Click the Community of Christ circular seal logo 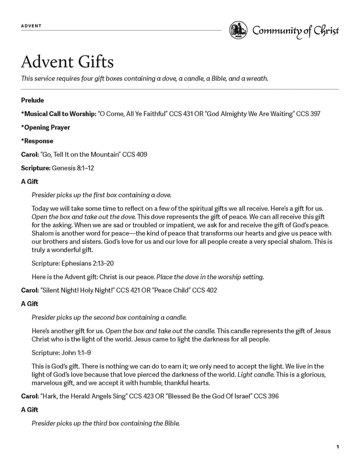238,30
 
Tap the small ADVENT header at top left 31,26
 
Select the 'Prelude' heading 32,100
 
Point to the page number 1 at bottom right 337,447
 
